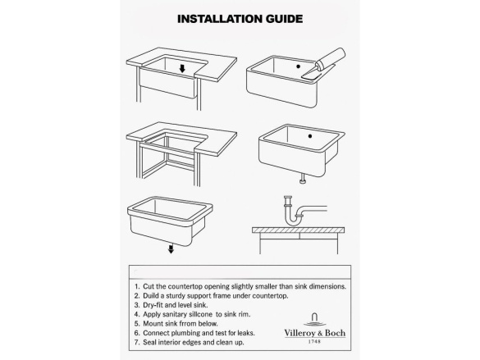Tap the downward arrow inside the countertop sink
click(182, 69)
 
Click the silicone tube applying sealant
click(324, 64)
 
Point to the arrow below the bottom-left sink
click(171, 248)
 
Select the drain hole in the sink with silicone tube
click(298, 66)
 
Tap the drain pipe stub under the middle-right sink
click(303, 179)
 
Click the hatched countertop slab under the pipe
click(299, 230)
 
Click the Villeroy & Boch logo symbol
click(315, 320)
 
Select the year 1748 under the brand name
click(315, 341)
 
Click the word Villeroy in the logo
click(299, 333)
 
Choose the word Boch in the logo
click(335, 333)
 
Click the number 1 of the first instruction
click(136, 286)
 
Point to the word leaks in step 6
click(246, 333)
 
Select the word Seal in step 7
click(149, 342)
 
